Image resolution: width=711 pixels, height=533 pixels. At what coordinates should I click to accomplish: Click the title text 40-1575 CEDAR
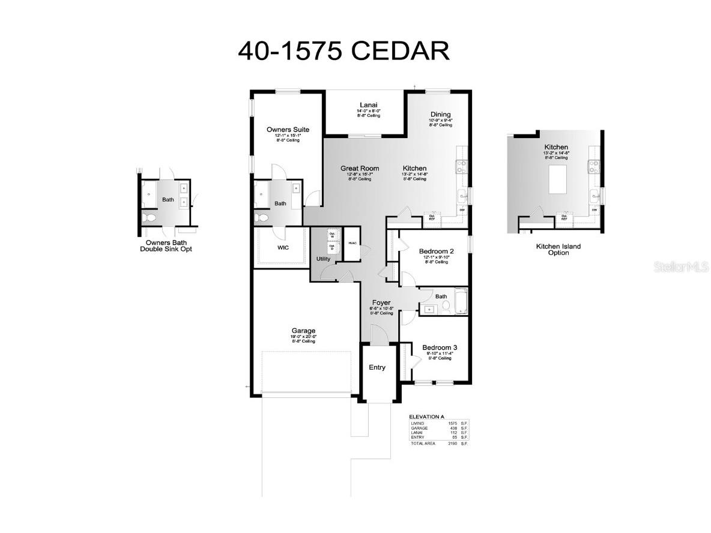[343, 51]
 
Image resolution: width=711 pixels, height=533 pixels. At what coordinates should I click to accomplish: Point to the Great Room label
[360, 169]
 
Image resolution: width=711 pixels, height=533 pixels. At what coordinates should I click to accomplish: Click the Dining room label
[440, 115]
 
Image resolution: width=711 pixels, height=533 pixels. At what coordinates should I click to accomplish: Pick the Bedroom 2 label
[436, 251]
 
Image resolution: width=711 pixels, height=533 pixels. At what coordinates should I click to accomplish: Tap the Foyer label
[381, 303]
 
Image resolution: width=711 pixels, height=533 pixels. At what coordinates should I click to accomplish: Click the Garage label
[303, 331]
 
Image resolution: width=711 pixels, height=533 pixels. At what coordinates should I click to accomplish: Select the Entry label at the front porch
[377, 367]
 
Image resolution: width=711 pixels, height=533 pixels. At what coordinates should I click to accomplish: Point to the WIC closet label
[283, 247]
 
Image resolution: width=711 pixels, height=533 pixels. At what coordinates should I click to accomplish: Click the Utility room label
[323, 259]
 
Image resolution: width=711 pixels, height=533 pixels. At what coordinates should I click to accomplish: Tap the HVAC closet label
[352, 243]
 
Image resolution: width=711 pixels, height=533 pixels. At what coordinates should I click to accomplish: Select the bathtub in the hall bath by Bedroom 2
[461, 301]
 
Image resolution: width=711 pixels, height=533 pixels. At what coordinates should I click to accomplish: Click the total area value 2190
[453, 443]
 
